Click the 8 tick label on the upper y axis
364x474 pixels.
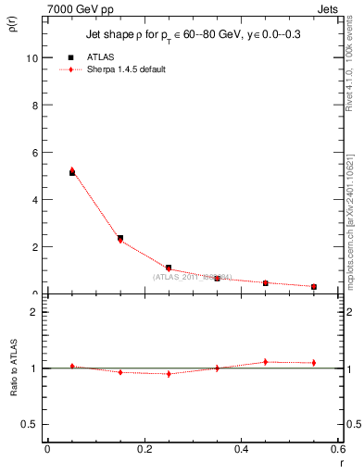[x=35, y=105]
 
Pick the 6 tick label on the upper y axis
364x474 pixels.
[x=35, y=152]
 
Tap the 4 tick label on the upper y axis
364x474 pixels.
[x=35, y=199]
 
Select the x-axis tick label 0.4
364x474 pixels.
[x=242, y=449]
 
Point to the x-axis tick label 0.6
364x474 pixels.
[x=338, y=449]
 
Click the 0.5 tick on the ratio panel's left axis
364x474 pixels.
[x=31, y=424]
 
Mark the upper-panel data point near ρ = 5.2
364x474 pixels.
[x=72, y=171]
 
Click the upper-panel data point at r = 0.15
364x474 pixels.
[x=120, y=239]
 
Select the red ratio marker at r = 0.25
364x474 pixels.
[x=169, y=373]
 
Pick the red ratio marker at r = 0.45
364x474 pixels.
[x=265, y=362]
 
